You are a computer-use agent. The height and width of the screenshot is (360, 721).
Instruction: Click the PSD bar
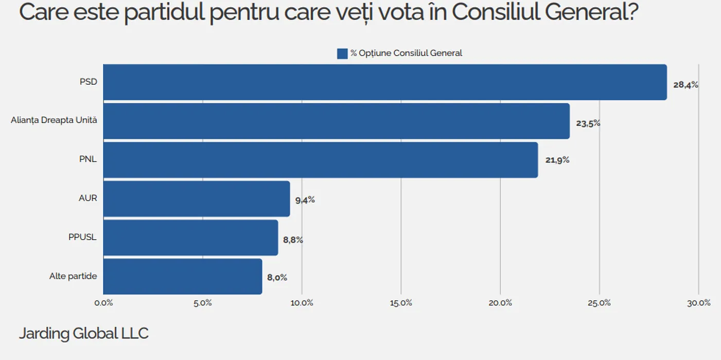pyautogui.click(x=385, y=82)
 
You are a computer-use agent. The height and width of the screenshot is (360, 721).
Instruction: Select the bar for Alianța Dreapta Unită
pyautogui.click(x=337, y=121)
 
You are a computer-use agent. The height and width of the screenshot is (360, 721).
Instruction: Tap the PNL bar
pyautogui.click(x=321, y=160)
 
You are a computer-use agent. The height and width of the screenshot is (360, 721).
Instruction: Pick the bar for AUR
pyautogui.click(x=197, y=199)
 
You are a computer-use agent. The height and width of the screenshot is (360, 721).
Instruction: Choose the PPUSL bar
pyautogui.click(x=190, y=238)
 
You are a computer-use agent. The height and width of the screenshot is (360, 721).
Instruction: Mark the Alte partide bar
pyautogui.click(x=183, y=277)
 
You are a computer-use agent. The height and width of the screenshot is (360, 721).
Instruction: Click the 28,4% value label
pyautogui.click(x=685, y=85)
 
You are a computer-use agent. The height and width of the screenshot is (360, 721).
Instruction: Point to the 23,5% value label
pyautogui.click(x=588, y=123)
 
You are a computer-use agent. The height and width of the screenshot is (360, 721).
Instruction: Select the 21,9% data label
pyautogui.click(x=557, y=160)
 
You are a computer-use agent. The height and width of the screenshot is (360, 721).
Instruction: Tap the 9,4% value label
pyautogui.click(x=305, y=200)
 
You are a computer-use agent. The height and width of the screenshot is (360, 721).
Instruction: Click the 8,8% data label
pyautogui.click(x=293, y=239)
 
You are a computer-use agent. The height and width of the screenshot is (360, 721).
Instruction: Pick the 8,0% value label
pyautogui.click(x=277, y=278)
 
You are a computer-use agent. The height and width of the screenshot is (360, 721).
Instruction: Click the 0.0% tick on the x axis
pyautogui.click(x=103, y=303)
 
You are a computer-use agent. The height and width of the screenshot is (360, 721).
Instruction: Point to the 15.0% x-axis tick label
pyautogui.click(x=401, y=303)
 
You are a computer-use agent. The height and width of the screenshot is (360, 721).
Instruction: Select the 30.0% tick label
pyautogui.click(x=698, y=303)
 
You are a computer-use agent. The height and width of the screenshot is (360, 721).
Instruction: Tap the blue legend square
pyautogui.click(x=342, y=53)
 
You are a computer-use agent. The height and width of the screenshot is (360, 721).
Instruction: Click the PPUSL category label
pyautogui.click(x=82, y=237)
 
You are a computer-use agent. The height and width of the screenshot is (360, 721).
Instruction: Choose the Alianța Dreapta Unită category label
pyautogui.click(x=54, y=120)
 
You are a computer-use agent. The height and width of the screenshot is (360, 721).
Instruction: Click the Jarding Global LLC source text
pyautogui.click(x=83, y=333)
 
